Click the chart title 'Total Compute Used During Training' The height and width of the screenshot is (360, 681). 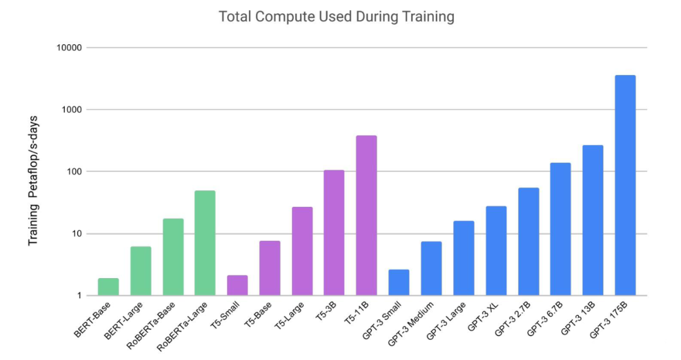coord(336,17)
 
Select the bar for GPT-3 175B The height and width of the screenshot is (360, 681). coord(625,185)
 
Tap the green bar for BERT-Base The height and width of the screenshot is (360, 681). coord(108,287)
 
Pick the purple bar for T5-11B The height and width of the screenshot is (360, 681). coord(366,216)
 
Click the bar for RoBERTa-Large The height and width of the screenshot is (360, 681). coord(205,243)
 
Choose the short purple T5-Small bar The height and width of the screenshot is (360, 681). coord(238,286)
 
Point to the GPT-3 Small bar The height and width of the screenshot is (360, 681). coord(399,282)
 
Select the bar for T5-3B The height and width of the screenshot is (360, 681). coord(334,233)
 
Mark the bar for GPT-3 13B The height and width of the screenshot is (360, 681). coord(593,220)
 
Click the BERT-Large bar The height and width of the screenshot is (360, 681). coord(141,271)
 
